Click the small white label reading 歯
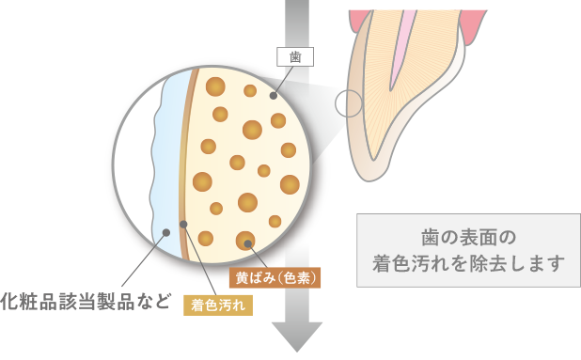click(294, 55)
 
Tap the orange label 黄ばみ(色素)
click(276, 277)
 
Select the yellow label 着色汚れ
click(217, 304)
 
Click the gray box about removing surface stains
click(466, 249)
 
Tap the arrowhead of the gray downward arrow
click(296, 335)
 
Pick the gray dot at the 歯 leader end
click(274, 96)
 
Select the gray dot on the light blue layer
click(166, 228)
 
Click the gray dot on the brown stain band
click(183, 224)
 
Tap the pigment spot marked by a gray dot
click(246, 241)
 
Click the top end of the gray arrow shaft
click(296, 4)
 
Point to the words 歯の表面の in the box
click(466, 236)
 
